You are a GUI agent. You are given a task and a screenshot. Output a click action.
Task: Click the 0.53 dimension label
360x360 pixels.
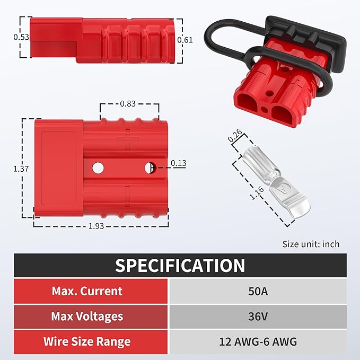(21, 37)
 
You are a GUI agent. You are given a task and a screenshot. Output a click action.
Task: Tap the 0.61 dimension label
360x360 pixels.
(185, 39)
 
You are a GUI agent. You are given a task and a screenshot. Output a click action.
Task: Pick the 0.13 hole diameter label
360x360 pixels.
(179, 163)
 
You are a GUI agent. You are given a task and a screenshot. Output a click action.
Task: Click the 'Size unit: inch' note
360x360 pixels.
(311, 244)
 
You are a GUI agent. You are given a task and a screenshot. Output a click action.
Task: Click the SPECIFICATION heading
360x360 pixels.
(180, 265)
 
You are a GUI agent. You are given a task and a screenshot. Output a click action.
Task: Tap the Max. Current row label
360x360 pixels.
(87, 291)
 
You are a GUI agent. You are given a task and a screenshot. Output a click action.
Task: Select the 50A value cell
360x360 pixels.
(258, 291)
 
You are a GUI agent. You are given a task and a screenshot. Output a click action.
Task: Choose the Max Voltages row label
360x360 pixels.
(87, 317)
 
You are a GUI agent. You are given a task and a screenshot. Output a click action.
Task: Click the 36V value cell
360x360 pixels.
(258, 317)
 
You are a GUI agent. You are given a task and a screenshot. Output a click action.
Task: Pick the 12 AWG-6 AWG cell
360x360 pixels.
(258, 342)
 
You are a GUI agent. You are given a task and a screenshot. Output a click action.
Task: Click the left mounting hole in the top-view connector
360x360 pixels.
(98, 168)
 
